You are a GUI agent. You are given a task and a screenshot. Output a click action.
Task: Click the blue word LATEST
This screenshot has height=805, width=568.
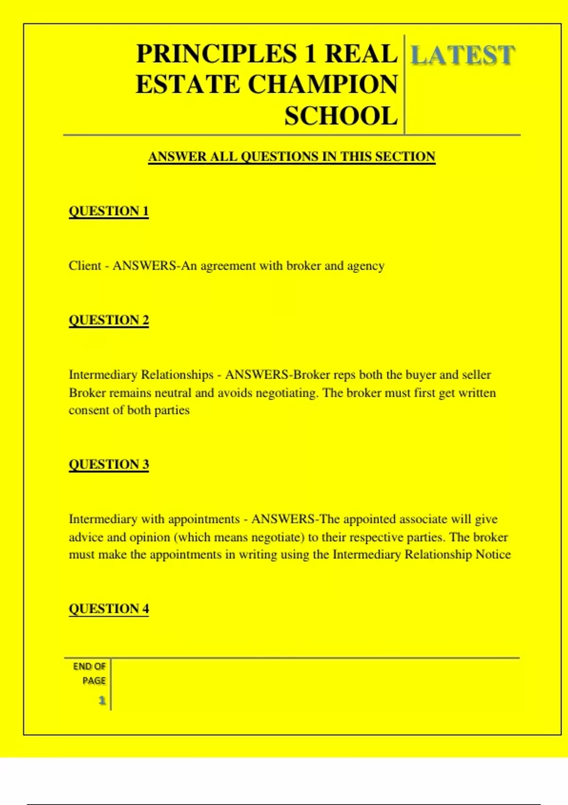click(462, 55)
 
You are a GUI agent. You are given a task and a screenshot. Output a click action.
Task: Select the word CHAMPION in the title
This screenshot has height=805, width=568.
click(323, 85)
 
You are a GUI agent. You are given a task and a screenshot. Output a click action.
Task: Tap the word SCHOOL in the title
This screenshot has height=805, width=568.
click(341, 116)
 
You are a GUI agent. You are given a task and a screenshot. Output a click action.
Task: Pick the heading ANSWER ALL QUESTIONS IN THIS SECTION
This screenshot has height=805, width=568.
click(292, 157)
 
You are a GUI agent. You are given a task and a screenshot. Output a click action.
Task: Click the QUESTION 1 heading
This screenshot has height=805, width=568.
click(108, 211)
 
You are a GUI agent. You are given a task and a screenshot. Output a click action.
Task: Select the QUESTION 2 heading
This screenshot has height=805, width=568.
click(108, 320)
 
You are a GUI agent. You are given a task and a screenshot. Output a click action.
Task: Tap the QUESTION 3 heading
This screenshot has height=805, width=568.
click(108, 464)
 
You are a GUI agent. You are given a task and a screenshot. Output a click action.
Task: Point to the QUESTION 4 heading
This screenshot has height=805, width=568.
click(108, 608)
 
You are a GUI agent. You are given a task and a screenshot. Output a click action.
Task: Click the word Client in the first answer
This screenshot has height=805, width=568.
click(85, 266)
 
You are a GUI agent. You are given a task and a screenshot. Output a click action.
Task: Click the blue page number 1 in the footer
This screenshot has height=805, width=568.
click(102, 700)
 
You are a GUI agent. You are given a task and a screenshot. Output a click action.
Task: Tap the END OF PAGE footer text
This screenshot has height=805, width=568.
click(90, 673)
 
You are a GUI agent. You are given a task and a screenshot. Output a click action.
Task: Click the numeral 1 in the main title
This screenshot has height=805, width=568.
click(310, 54)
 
